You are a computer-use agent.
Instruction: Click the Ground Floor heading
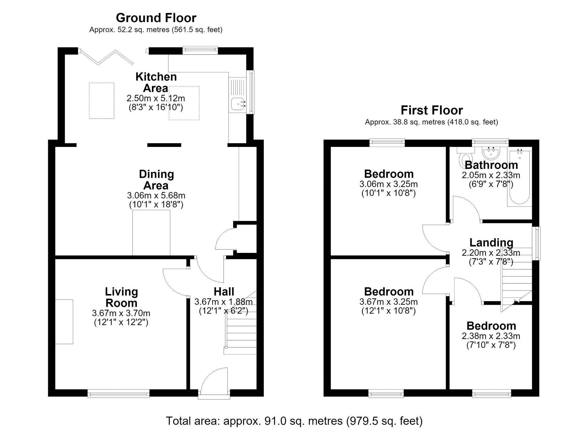156,18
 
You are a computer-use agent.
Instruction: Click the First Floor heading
432,110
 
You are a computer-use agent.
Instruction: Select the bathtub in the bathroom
519,178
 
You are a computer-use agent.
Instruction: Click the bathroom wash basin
491,153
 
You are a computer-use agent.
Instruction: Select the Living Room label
122,297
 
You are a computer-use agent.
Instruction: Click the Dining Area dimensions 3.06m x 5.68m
156,195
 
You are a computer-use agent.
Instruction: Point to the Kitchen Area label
156,82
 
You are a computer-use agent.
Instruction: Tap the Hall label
224,291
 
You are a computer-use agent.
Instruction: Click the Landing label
491,242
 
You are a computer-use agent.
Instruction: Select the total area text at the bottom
294,421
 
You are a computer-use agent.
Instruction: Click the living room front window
119,393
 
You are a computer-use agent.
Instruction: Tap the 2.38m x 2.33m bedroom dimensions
491,336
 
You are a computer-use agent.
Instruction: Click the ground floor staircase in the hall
240,322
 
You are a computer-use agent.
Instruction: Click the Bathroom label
491,165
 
